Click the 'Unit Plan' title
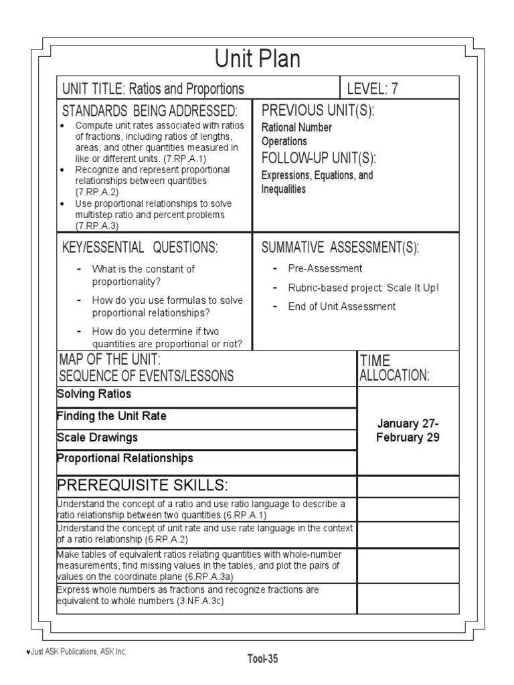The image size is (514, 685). [x=257, y=60]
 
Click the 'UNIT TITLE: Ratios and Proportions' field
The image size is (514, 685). [x=153, y=89]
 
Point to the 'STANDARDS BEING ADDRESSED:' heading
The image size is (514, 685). [x=149, y=110]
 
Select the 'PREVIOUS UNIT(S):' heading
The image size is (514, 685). [x=317, y=110]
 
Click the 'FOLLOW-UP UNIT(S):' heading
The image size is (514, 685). [x=319, y=158]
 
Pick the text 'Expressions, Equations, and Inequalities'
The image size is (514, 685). [x=317, y=182]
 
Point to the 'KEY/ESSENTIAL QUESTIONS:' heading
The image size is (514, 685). [x=140, y=248]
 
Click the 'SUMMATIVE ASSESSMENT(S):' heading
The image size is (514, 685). [x=340, y=248]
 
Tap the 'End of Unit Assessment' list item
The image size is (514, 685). [x=342, y=306]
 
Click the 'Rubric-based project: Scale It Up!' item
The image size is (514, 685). [x=363, y=288]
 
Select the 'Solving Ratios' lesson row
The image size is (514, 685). [x=94, y=394]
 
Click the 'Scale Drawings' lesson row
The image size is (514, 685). [x=98, y=437]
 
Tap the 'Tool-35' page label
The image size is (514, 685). [x=262, y=659]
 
